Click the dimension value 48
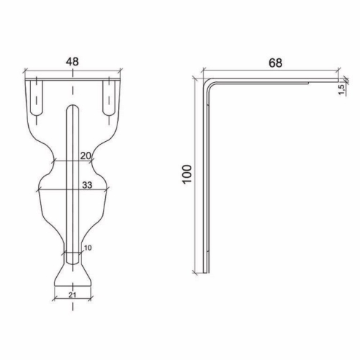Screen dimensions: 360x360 tap(72, 62)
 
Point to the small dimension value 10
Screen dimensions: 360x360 tap(88, 248)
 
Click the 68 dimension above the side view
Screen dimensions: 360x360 tap(274, 63)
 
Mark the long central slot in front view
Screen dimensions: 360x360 tap(72, 180)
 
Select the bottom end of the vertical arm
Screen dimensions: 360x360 tap(205, 272)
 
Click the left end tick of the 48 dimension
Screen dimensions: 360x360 tap(25, 72)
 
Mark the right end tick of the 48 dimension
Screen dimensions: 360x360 tap(120, 72)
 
